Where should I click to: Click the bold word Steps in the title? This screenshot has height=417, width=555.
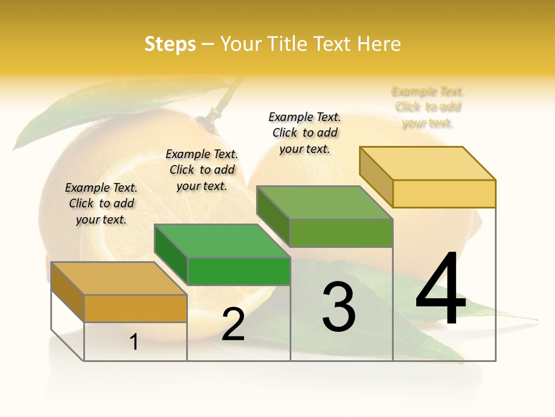click(x=170, y=44)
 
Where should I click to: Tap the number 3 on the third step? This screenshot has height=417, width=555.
click(x=339, y=307)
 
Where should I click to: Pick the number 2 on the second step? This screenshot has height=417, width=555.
click(x=234, y=325)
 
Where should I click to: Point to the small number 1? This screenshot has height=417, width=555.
click(x=134, y=342)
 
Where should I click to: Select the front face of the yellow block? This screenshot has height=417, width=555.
click(x=444, y=193)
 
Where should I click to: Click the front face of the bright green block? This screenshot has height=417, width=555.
click(x=238, y=271)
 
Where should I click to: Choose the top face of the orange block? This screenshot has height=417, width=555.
click(x=119, y=278)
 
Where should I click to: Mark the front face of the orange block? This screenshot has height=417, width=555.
click(x=135, y=308)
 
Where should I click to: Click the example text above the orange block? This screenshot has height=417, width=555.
click(x=101, y=203)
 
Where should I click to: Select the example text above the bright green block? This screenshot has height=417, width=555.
click(x=202, y=170)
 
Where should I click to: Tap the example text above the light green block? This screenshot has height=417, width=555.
click(x=305, y=133)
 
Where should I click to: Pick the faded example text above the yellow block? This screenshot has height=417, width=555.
click(x=428, y=107)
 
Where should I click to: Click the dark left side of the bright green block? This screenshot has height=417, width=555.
click(x=171, y=254)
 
